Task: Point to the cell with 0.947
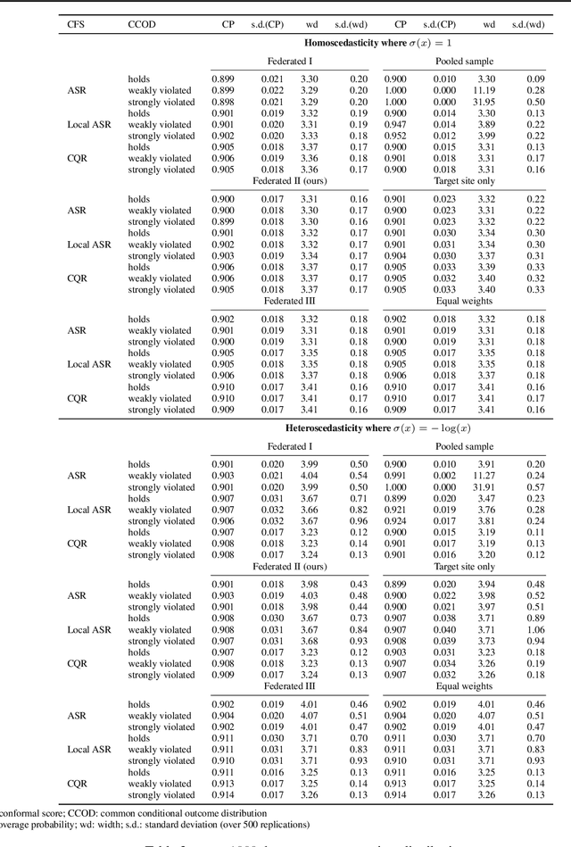396,125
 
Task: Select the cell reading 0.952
396,136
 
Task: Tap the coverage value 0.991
396,476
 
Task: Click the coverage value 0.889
396,498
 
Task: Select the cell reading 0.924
396,520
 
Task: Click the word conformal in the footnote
19,813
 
